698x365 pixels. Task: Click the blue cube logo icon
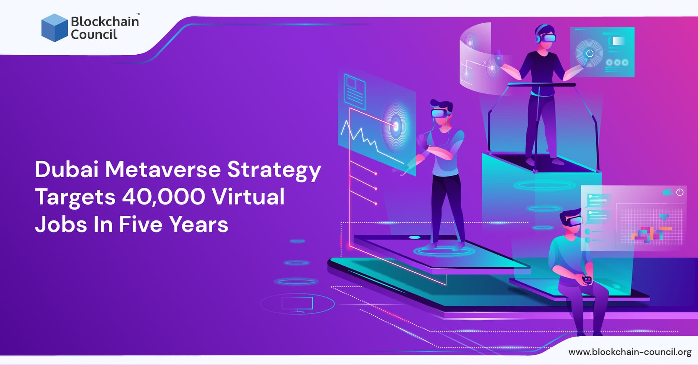click(x=55, y=28)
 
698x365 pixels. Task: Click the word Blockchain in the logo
click(x=105, y=21)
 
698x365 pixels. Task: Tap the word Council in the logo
click(x=94, y=35)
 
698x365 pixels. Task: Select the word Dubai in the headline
click(x=67, y=169)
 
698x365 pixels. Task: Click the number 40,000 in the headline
click(x=163, y=197)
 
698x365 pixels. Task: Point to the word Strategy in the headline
click(x=274, y=170)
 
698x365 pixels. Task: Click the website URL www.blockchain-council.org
click(x=630, y=352)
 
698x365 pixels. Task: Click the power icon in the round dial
click(x=589, y=53)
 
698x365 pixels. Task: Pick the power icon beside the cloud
click(x=679, y=192)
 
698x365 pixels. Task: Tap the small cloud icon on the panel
click(x=667, y=192)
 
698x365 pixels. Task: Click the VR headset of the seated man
click(x=574, y=220)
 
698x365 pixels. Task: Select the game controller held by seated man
click(x=587, y=279)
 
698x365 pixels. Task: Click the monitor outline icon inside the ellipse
click(x=297, y=304)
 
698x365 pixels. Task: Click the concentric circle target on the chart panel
click(x=396, y=126)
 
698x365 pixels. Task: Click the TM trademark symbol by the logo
click(x=138, y=15)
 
